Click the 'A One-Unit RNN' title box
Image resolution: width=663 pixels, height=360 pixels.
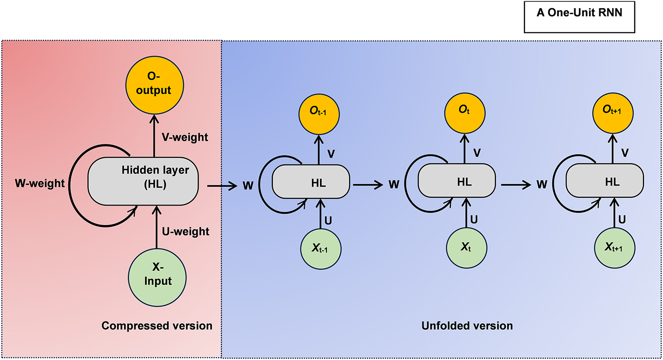click(579, 17)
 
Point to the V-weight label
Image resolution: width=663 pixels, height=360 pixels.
click(185, 137)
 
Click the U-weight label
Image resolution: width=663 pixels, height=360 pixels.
click(185, 231)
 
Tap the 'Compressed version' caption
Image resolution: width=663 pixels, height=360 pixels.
click(157, 326)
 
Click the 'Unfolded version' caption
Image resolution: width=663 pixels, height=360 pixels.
click(467, 326)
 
